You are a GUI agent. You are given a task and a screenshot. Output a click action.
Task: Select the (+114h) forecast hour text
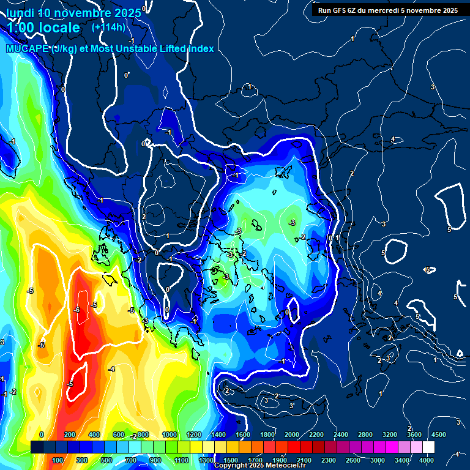pyautogui.click(x=108, y=27)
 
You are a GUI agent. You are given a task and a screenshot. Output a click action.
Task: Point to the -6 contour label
pyautogui.click(x=76, y=310)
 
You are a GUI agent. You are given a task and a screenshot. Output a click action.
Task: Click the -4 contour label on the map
pyautogui.click(x=111, y=369)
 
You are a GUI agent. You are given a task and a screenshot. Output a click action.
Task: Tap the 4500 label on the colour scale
pyautogui.click(x=438, y=435)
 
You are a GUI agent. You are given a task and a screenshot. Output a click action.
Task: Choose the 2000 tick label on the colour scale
pyautogui.click(x=292, y=435)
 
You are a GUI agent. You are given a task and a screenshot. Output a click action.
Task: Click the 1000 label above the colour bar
pyautogui.click(x=170, y=435)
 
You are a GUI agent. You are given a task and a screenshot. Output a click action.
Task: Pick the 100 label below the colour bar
pyautogui.click(x=58, y=460)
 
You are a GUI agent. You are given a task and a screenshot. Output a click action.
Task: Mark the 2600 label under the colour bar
pyautogui.click(x=353, y=460)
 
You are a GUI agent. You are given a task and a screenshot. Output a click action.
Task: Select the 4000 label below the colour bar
pyautogui.click(x=427, y=460)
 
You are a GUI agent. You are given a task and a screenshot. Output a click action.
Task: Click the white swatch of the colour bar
pyautogui.click(x=428, y=447)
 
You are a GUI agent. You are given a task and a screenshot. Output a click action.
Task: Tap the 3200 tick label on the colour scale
pyautogui.click(x=390, y=435)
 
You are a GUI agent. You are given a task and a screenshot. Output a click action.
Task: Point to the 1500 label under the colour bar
pyautogui.click(x=231, y=460)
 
